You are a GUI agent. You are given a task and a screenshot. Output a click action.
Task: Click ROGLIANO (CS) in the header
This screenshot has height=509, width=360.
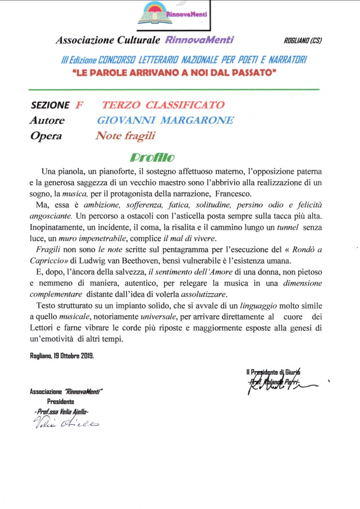point(303,41)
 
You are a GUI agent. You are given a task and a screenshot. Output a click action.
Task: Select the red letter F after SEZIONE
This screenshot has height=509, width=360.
point(79,105)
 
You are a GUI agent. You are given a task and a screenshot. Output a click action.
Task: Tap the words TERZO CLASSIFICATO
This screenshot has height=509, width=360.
point(163,105)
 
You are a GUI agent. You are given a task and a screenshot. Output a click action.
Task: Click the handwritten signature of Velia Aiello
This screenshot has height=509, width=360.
point(65,423)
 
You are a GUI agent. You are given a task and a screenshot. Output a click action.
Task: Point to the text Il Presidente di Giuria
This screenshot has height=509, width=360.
point(274,372)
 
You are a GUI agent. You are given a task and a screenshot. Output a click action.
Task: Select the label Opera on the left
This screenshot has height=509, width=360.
point(46,135)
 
